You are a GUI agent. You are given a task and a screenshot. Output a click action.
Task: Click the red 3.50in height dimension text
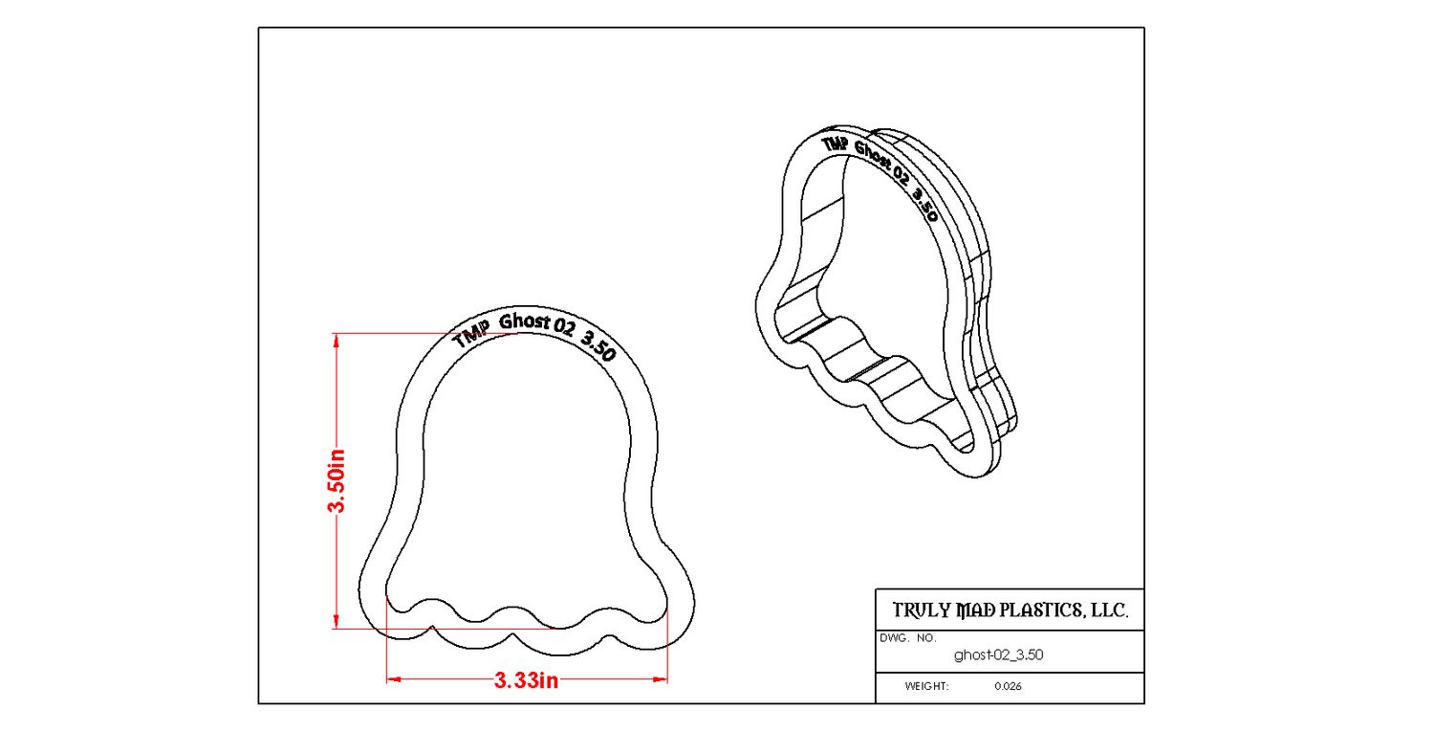pyautogui.click(x=337, y=480)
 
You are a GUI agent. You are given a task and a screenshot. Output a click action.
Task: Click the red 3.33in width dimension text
pyautogui.click(x=526, y=680)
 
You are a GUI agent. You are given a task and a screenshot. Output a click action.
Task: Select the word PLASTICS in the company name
pyautogui.click(x=1040, y=610)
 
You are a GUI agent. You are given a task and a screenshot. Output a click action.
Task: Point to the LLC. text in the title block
pyautogui.click(x=1109, y=610)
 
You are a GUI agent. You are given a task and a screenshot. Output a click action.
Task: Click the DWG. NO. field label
pyautogui.click(x=908, y=638)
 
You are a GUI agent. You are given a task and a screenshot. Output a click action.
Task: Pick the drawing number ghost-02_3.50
pyautogui.click(x=998, y=655)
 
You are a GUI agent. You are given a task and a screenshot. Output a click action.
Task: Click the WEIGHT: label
pyautogui.click(x=926, y=686)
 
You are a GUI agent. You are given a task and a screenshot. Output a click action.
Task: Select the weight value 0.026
pyautogui.click(x=1008, y=686)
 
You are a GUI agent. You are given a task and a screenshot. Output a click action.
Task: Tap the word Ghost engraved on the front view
pyautogui.click(x=524, y=322)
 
